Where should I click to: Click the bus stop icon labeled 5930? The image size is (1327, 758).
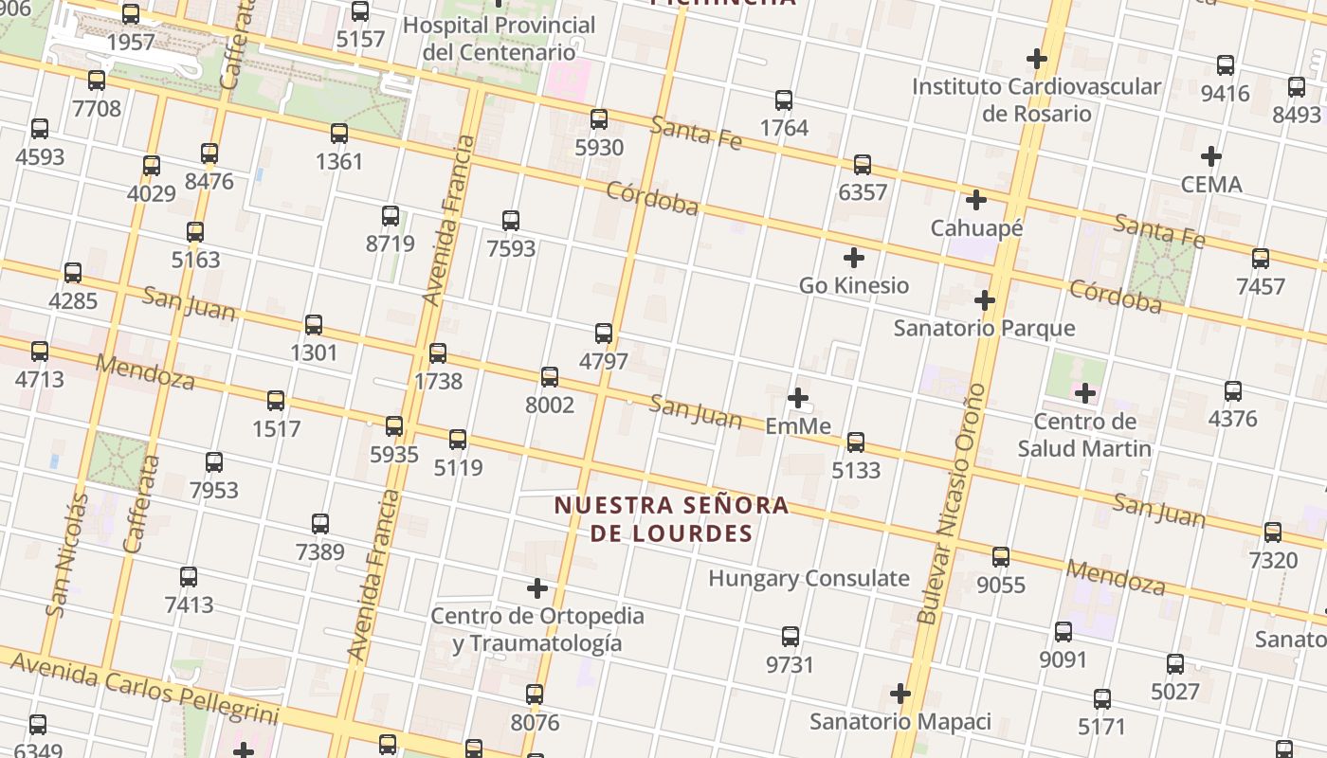(599, 119)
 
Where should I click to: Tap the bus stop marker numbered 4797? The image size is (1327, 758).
(604, 334)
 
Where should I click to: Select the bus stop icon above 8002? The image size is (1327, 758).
(549, 377)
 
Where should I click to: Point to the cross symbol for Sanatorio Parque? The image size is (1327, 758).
(985, 301)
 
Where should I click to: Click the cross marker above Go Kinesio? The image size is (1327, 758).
(854, 258)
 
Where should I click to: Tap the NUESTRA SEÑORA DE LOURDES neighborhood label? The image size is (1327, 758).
(671, 519)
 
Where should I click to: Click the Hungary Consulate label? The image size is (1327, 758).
(809, 578)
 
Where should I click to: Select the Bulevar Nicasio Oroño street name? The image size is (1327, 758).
(952, 503)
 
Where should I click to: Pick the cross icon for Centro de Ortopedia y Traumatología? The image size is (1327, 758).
(537, 589)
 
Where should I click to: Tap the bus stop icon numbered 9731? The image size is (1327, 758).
(791, 637)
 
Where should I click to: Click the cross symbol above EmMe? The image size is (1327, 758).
(798, 398)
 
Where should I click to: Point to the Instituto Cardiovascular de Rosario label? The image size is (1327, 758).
(1036, 99)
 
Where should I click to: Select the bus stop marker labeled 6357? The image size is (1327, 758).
(863, 165)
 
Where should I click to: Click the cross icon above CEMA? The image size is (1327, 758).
(1210, 156)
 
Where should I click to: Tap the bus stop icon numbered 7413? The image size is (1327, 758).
(189, 576)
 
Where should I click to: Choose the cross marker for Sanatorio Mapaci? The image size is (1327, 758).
(900, 695)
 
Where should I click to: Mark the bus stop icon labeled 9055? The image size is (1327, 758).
(1001, 557)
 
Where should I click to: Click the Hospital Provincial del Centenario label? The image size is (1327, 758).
(500, 38)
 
